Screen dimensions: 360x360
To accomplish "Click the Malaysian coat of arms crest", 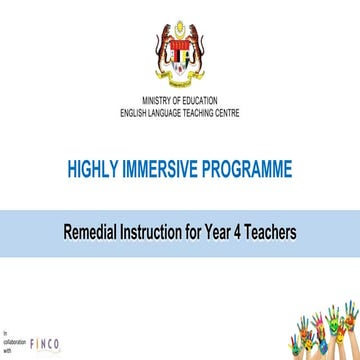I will (180, 50).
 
